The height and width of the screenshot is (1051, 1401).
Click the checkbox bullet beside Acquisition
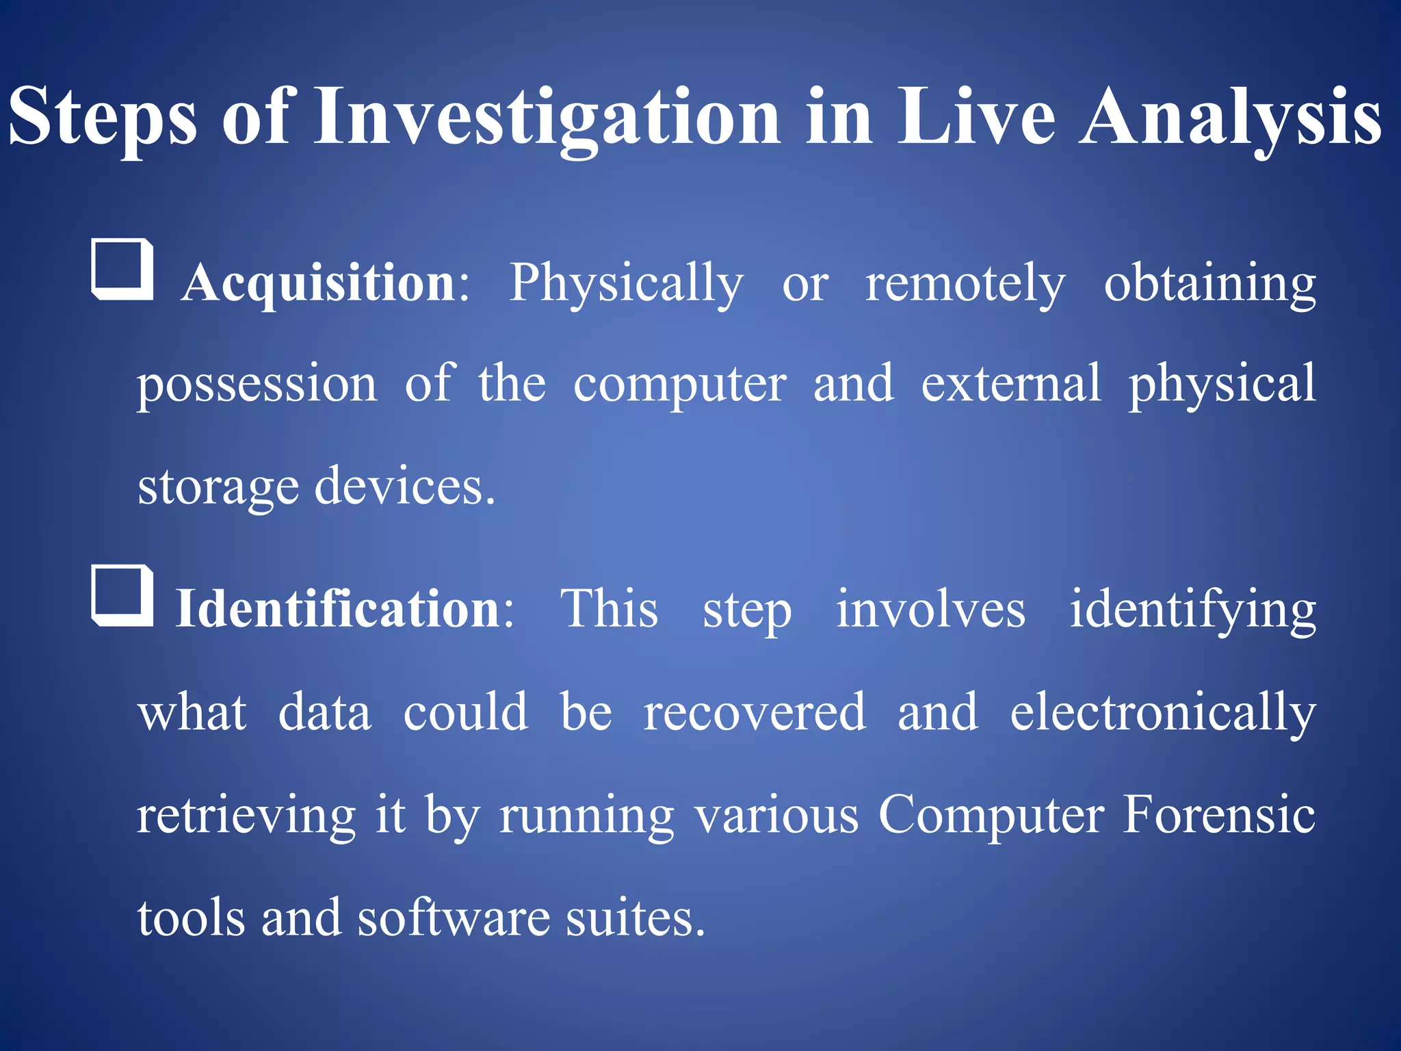[122, 270]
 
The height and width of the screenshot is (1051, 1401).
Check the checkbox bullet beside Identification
[122, 596]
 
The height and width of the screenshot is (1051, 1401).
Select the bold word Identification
[339, 608]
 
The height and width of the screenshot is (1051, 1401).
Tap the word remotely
[965, 282]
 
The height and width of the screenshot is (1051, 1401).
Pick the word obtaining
[1209, 282]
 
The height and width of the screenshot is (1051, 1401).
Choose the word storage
[218, 486]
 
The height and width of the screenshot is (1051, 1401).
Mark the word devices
[404, 485]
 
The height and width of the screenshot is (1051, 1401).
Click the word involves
[930, 608]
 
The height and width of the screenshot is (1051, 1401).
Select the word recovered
[755, 712]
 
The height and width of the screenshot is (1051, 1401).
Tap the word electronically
[1163, 712]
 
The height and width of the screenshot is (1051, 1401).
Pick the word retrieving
[246, 814]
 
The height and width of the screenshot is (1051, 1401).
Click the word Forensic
[1219, 814]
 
